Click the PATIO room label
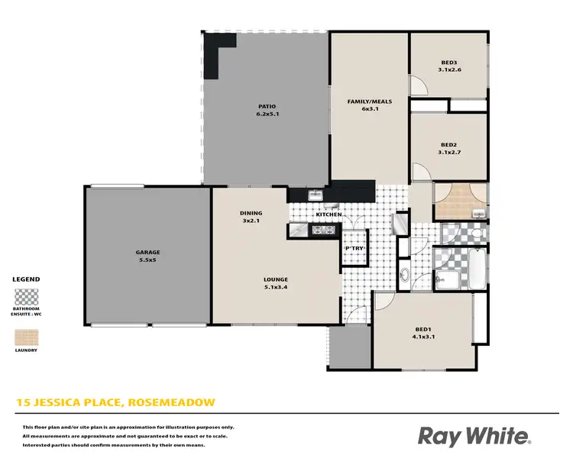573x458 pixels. pos(267,106)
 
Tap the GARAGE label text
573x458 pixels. pos(148,253)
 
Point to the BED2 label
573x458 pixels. pos(449,144)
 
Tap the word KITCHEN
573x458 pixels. pos(329,215)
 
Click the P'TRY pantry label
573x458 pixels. pos(354,248)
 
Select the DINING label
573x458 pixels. pos(251,214)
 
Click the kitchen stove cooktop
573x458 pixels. pos(329,229)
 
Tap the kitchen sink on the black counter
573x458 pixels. pos(315,195)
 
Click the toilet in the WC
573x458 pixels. pos(475,233)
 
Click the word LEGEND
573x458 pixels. pos(27,279)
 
